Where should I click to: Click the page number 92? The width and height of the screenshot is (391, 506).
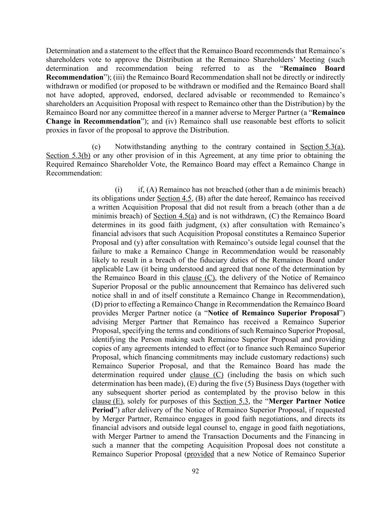[195, 471]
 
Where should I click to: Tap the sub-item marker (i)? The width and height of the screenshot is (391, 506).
[118, 190]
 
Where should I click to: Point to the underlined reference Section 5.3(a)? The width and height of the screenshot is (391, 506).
[322, 147]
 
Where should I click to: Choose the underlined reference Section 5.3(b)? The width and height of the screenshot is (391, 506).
[68, 156]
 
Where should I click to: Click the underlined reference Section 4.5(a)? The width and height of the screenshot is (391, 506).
[175, 216]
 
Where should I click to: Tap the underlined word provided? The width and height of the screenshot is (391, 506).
[201, 454]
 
